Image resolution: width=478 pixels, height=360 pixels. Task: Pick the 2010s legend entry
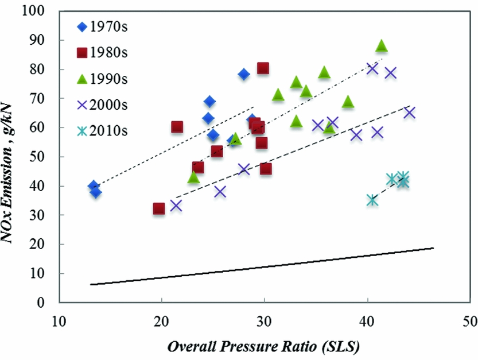click(x=103, y=130)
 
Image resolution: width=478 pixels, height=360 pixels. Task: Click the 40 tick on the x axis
click(x=367, y=319)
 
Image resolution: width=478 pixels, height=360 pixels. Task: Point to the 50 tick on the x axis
click(x=470, y=319)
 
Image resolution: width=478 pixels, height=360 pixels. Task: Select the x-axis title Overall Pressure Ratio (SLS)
click(x=264, y=348)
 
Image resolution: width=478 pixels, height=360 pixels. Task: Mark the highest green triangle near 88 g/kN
click(x=382, y=47)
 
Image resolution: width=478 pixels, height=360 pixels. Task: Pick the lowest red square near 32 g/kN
click(x=159, y=209)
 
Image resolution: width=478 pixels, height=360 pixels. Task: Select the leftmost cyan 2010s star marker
click(x=372, y=200)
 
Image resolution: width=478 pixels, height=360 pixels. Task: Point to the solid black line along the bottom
click(x=264, y=267)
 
